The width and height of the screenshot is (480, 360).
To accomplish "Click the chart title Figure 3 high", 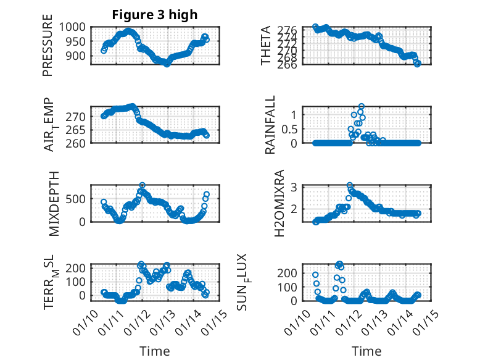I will tap(154, 15).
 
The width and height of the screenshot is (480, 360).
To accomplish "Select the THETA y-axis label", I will tap(266, 46).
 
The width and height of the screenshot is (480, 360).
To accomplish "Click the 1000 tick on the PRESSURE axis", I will tap(74, 27).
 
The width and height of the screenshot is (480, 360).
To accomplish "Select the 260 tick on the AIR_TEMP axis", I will tap(77, 143).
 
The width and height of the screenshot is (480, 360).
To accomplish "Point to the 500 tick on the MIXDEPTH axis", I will tap(77, 199).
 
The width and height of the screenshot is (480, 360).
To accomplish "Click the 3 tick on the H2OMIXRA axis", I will tap(295, 186).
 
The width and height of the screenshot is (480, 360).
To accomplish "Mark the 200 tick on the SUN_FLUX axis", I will tap(291, 272).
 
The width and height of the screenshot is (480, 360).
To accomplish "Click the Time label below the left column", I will tap(154, 351).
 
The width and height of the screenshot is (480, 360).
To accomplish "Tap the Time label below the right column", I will tap(366, 351).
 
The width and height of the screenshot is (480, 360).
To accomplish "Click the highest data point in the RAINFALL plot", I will tap(362, 106).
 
